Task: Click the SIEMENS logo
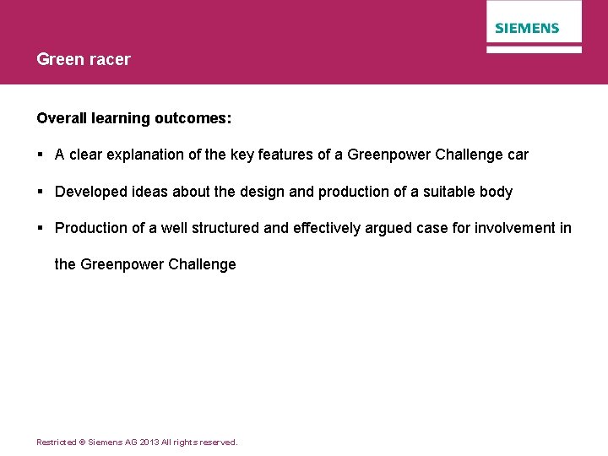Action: click(x=527, y=28)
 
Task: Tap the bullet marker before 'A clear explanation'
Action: click(x=41, y=155)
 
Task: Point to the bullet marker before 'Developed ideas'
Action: click(x=41, y=192)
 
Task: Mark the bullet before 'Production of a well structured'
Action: click(x=41, y=228)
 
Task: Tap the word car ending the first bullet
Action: click(x=517, y=155)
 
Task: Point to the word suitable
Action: click(x=447, y=192)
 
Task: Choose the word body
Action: click(x=496, y=193)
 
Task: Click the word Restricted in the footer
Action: click(x=54, y=442)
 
